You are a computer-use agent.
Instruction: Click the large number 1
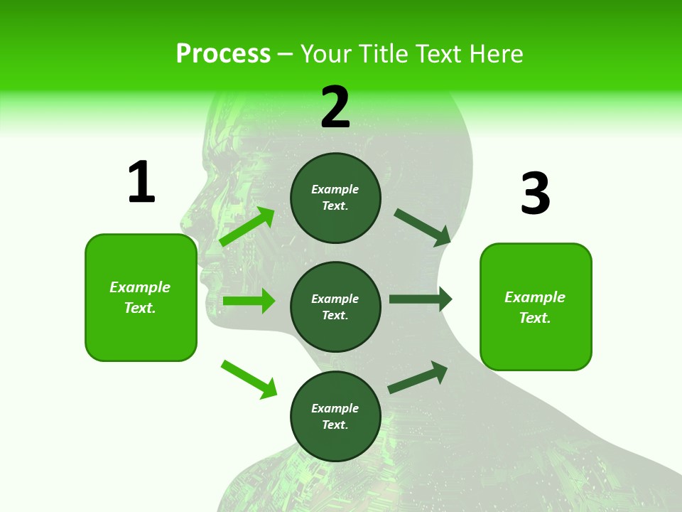[141, 182]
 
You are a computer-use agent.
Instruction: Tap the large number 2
[335, 107]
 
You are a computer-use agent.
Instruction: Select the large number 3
[535, 193]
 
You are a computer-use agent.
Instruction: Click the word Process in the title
[223, 53]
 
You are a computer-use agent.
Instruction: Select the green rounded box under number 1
[141, 297]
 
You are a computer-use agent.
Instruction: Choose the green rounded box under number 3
[536, 307]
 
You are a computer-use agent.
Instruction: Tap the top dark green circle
[335, 198]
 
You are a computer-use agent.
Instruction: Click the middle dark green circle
[335, 306]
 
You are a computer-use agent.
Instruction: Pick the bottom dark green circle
[335, 416]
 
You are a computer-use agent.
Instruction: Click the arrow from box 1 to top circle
[247, 227]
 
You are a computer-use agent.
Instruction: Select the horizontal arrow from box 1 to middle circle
[249, 301]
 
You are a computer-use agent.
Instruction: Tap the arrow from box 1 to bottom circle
[249, 379]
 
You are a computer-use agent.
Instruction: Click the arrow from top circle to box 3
[422, 227]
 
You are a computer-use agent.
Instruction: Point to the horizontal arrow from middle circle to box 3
[421, 299]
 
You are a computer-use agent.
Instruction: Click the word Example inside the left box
[140, 287]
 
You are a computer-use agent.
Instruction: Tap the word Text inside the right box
[534, 318]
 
